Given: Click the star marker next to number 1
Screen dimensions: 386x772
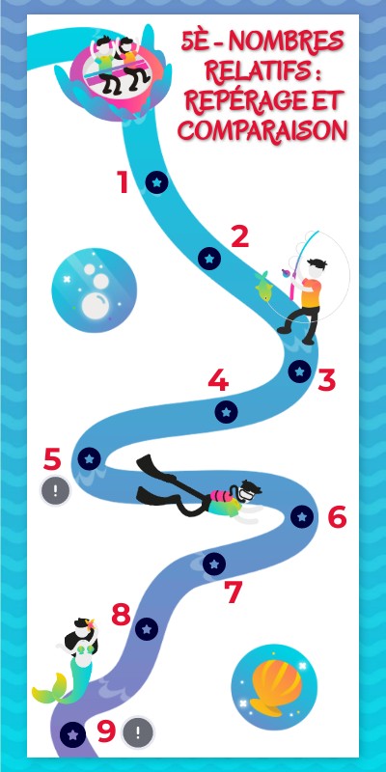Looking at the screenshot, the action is click(156, 182).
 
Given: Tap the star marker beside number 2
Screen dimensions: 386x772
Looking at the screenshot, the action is click(209, 259).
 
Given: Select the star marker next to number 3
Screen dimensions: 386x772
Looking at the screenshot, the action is click(299, 372).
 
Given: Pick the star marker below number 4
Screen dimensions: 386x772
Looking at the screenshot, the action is click(226, 412).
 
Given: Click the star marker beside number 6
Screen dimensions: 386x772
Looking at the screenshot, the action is click(302, 516).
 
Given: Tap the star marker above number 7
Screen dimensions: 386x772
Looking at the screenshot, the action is click(214, 564).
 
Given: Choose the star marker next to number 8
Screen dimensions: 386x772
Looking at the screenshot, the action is click(147, 629).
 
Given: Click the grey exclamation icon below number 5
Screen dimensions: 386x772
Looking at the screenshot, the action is click(55, 491).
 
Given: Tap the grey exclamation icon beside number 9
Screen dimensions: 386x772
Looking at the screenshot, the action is click(138, 732).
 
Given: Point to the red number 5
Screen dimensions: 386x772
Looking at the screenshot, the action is click(52, 459).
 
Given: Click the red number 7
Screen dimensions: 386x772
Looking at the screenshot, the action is click(234, 593).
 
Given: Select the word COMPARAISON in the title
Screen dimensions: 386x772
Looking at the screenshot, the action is click(262, 130).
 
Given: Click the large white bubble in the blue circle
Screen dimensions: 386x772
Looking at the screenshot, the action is click(97, 306).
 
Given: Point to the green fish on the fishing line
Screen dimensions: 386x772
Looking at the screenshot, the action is click(263, 287).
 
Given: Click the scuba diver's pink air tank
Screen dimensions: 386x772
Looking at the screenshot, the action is click(221, 496).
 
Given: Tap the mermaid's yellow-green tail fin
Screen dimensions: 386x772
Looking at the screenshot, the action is click(49, 688).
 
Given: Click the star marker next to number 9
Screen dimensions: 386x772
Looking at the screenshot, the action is click(73, 735).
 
